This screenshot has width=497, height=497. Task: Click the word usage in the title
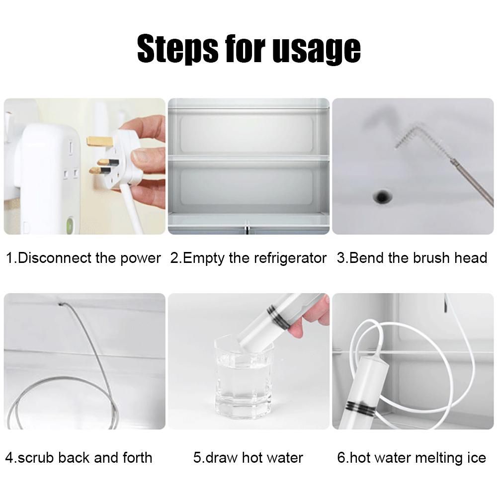point(316,50)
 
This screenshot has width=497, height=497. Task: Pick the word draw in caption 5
point(222,458)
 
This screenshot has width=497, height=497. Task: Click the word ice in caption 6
point(477,458)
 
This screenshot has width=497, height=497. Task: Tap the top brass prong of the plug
point(98,141)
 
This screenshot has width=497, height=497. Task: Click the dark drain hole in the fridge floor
point(383,196)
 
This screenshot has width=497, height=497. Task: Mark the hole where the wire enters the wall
point(61,305)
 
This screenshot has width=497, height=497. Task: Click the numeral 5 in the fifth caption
point(197,458)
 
